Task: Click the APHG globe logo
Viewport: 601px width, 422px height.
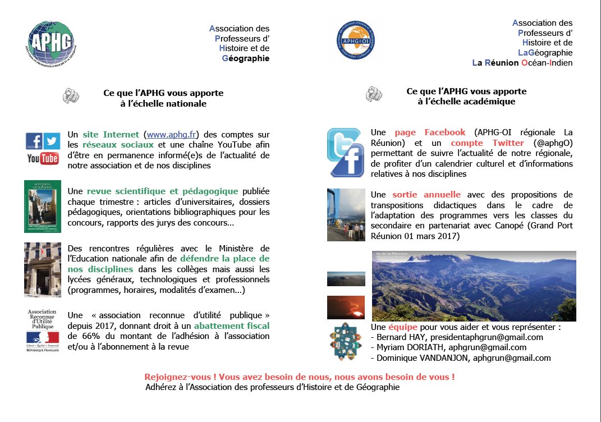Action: [x=51, y=43]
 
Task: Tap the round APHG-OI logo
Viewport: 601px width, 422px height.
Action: [x=358, y=40]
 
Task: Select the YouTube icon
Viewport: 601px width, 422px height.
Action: [x=43, y=158]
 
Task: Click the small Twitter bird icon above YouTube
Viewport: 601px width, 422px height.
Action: [x=52, y=140]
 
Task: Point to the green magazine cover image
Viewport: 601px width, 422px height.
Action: [x=43, y=207]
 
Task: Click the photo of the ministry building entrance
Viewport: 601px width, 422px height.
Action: [x=43, y=269]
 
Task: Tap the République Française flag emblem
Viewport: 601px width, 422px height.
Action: [x=43, y=338]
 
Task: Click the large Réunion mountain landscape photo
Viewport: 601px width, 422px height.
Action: [x=474, y=286]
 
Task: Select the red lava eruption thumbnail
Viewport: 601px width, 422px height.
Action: [x=346, y=307]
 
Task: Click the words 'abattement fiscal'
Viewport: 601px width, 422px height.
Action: [x=232, y=326]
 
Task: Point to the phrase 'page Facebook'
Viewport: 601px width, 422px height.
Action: [x=430, y=132]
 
